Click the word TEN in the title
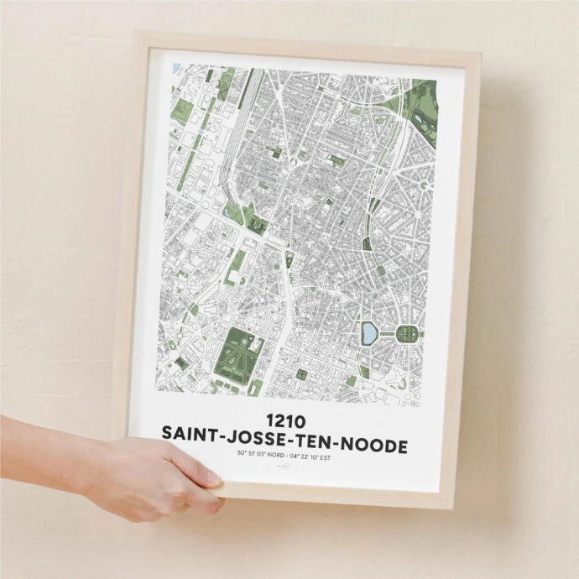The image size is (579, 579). tap(314, 443)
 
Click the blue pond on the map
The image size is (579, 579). tap(368, 334)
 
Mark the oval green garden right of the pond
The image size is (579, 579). tap(407, 334)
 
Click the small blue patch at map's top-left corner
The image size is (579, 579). tap(175, 67)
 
